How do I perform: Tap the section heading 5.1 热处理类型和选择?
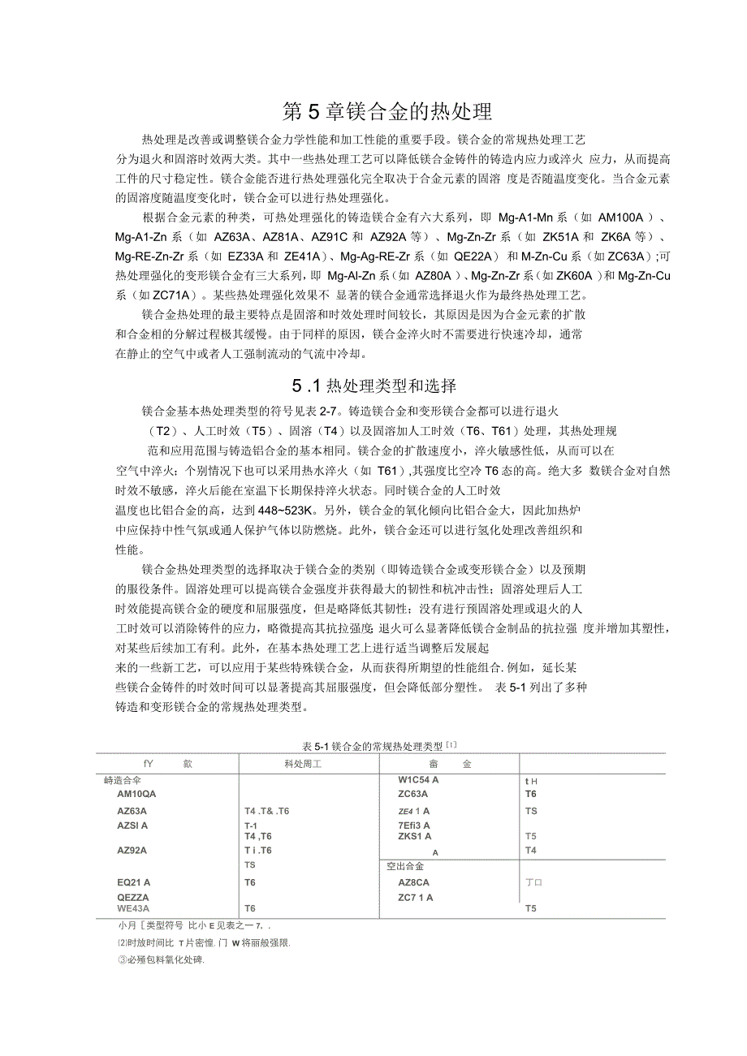coord(375,386)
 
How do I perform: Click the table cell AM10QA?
coord(136,794)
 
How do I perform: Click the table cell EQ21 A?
coord(134,881)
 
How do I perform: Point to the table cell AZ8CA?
coord(414,881)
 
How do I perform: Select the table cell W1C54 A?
coord(418,780)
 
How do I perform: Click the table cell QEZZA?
coord(133,897)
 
